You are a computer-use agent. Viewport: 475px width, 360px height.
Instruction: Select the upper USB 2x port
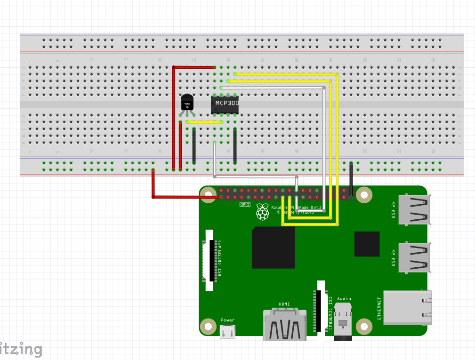click(414, 209)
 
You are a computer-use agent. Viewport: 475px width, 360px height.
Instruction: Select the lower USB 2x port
click(414, 257)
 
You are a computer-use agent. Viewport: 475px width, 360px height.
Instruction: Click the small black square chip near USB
click(367, 244)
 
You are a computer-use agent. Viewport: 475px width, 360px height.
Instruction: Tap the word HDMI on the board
click(284, 304)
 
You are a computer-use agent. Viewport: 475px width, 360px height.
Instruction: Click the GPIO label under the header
click(244, 205)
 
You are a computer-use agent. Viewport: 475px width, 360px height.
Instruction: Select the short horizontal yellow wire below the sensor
click(204, 122)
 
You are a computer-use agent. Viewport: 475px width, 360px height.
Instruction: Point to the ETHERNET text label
click(379, 308)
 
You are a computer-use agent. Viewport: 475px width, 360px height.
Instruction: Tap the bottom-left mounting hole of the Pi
click(207, 326)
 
